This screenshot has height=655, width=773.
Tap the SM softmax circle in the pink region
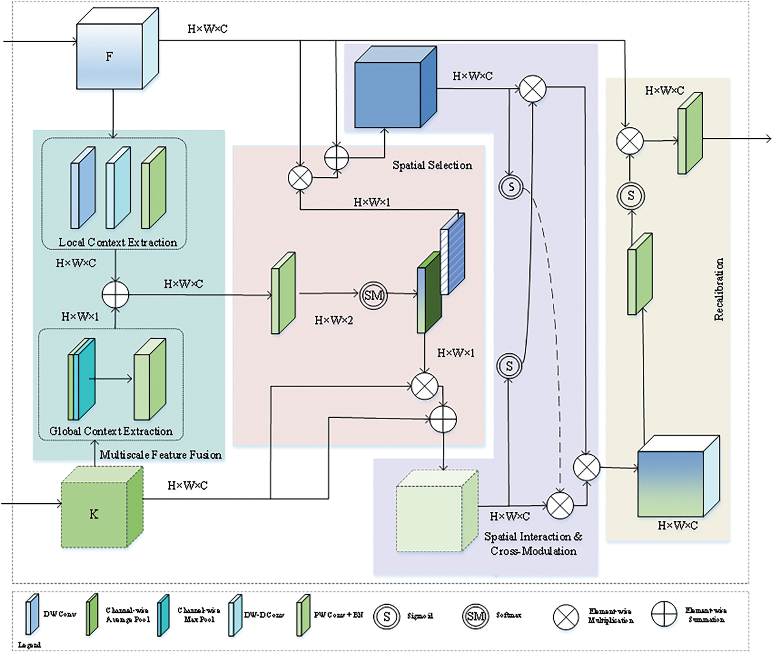point(373,295)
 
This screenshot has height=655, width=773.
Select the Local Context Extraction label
point(118,242)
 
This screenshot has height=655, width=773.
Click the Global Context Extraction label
point(111,431)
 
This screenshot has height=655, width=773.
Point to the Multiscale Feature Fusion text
point(161,455)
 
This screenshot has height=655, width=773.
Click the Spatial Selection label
point(432,165)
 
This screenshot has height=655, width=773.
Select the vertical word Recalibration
point(719,290)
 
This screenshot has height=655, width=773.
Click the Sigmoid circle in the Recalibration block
point(631,196)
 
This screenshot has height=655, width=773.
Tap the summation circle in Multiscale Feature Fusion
point(116,295)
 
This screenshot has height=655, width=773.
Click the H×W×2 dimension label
point(334,320)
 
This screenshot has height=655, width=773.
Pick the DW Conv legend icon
point(32,614)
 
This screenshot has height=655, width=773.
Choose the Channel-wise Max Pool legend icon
point(164,615)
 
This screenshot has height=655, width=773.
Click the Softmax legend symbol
point(475,616)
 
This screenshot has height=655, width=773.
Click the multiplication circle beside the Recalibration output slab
point(630,141)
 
